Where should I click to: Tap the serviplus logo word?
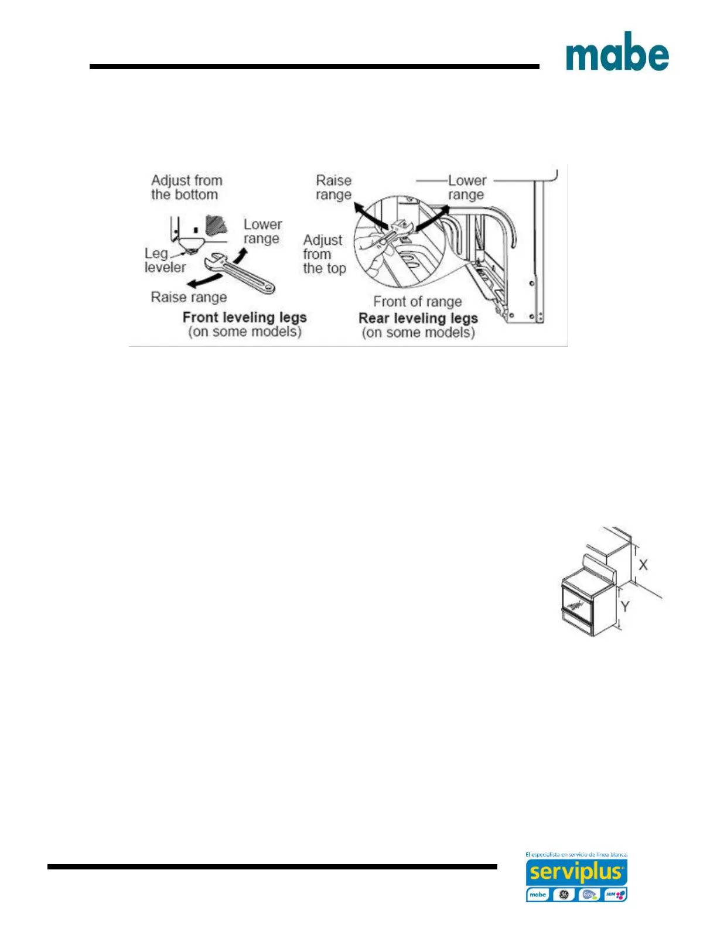tap(576, 873)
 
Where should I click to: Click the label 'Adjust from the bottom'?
tap(186, 187)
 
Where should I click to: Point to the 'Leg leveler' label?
tap(164, 260)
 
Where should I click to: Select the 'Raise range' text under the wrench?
tap(189, 297)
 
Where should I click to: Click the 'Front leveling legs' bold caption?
tap(244, 318)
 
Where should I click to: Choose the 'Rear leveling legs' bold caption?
tap(418, 318)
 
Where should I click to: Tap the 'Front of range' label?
tap(417, 302)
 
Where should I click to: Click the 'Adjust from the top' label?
tap(324, 254)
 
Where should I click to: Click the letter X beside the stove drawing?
tap(643, 565)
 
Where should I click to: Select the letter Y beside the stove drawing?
tap(625, 606)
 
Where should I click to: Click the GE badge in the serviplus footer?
tap(564, 895)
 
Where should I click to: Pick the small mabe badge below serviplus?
tap(538, 895)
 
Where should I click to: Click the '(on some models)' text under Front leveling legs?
tap(244, 332)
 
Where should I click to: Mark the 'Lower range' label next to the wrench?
tap(262, 231)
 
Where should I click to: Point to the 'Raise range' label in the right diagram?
tap(333, 187)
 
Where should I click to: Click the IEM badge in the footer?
tap(615, 895)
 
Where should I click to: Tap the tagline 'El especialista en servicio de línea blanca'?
tap(576, 855)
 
